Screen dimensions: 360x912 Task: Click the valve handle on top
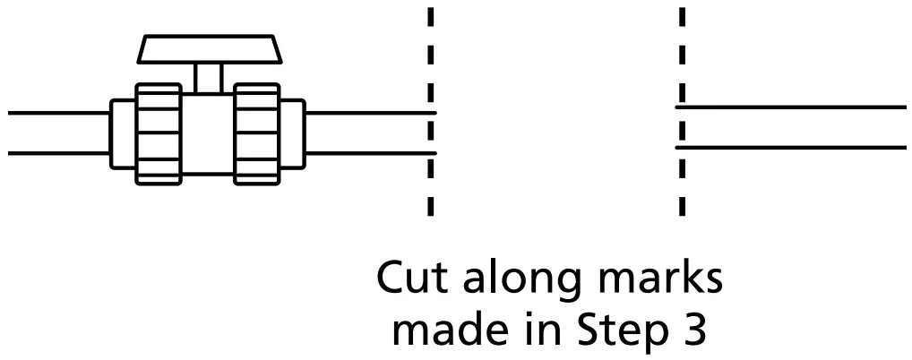[207, 48]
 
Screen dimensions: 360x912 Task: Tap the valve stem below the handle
[208, 77]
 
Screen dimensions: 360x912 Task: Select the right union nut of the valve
[257, 133]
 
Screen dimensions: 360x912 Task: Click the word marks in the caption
[661, 279]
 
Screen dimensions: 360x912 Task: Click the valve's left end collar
[123, 133]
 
